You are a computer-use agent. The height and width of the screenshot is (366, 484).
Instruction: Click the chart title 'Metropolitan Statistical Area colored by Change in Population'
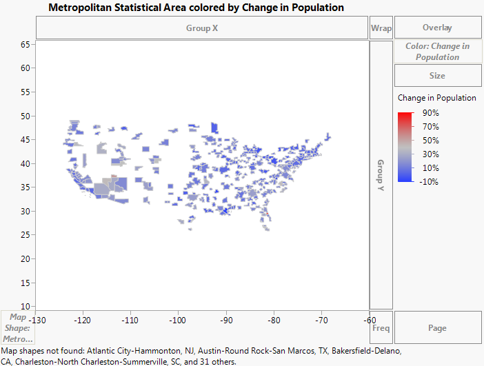coord(196,7)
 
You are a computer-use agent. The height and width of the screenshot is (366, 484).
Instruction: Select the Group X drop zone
coord(201,28)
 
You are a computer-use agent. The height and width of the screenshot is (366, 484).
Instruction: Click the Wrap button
coord(381,28)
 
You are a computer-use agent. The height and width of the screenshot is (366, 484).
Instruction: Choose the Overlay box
coord(437,28)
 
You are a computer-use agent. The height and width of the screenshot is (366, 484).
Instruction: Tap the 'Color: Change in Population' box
coord(437,52)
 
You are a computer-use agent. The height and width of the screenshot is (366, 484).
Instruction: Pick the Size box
coord(437,75)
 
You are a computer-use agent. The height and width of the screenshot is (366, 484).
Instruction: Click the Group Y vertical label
coord(380,174)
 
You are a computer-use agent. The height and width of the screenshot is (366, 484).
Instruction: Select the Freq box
coord(381,328)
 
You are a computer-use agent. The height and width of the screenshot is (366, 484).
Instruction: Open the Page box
coord(437,328)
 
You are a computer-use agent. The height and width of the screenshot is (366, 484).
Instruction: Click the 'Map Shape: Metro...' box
coord(18,328)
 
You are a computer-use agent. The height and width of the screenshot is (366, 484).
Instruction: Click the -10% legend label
coord(430,181)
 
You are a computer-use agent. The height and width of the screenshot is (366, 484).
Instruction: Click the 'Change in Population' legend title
coord(437,98)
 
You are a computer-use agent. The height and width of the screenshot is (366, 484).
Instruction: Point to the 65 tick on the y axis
coord(26,44)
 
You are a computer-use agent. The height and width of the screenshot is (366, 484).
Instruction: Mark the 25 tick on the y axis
coord(26,235)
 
